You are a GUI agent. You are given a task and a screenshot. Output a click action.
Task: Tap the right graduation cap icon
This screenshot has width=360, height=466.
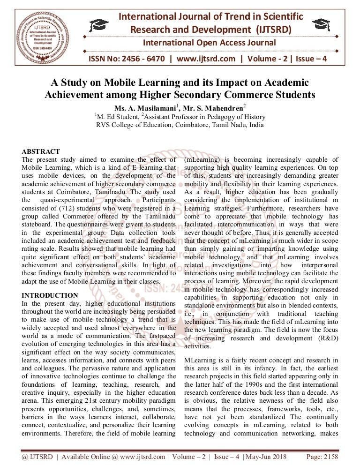(x=322, y=23)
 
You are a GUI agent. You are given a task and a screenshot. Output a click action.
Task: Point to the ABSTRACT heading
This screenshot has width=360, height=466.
(x=41, y=151)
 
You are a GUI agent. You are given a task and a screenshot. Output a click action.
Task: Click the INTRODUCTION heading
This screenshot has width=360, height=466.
(x=50, y=295)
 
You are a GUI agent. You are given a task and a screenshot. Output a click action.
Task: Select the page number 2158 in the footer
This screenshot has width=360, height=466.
(x=328, y=457)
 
